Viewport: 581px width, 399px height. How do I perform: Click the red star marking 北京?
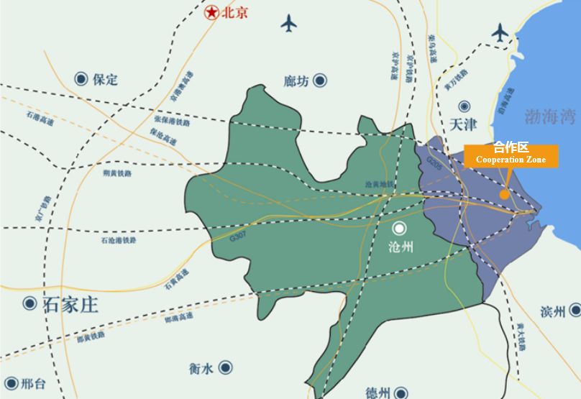coord(211,12)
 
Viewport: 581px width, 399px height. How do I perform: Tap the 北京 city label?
coord(235,12)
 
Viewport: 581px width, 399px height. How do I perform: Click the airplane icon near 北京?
coord(288,23)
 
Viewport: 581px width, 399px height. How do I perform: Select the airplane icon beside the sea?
coord(500,32)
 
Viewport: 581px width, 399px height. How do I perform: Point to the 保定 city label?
coord(105,79)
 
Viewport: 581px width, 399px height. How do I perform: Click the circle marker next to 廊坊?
coord(320,81)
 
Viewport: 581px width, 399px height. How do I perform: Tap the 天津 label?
coord(462,124)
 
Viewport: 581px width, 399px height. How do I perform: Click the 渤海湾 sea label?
coord(550,115)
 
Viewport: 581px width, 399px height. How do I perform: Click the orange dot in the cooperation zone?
coord(505,194)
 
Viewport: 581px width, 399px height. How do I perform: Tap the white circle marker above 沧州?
coord(400,229)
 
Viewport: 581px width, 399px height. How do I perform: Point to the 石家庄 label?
coord(71,303)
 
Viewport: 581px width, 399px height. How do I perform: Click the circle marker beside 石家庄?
coord(29,303)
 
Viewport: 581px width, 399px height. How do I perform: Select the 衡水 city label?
coord(201,369)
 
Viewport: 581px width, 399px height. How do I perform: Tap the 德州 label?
coord(378,393)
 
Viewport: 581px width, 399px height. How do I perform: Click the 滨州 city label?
coord(554,311)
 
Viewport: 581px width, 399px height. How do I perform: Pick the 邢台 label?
coord(33,384)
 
